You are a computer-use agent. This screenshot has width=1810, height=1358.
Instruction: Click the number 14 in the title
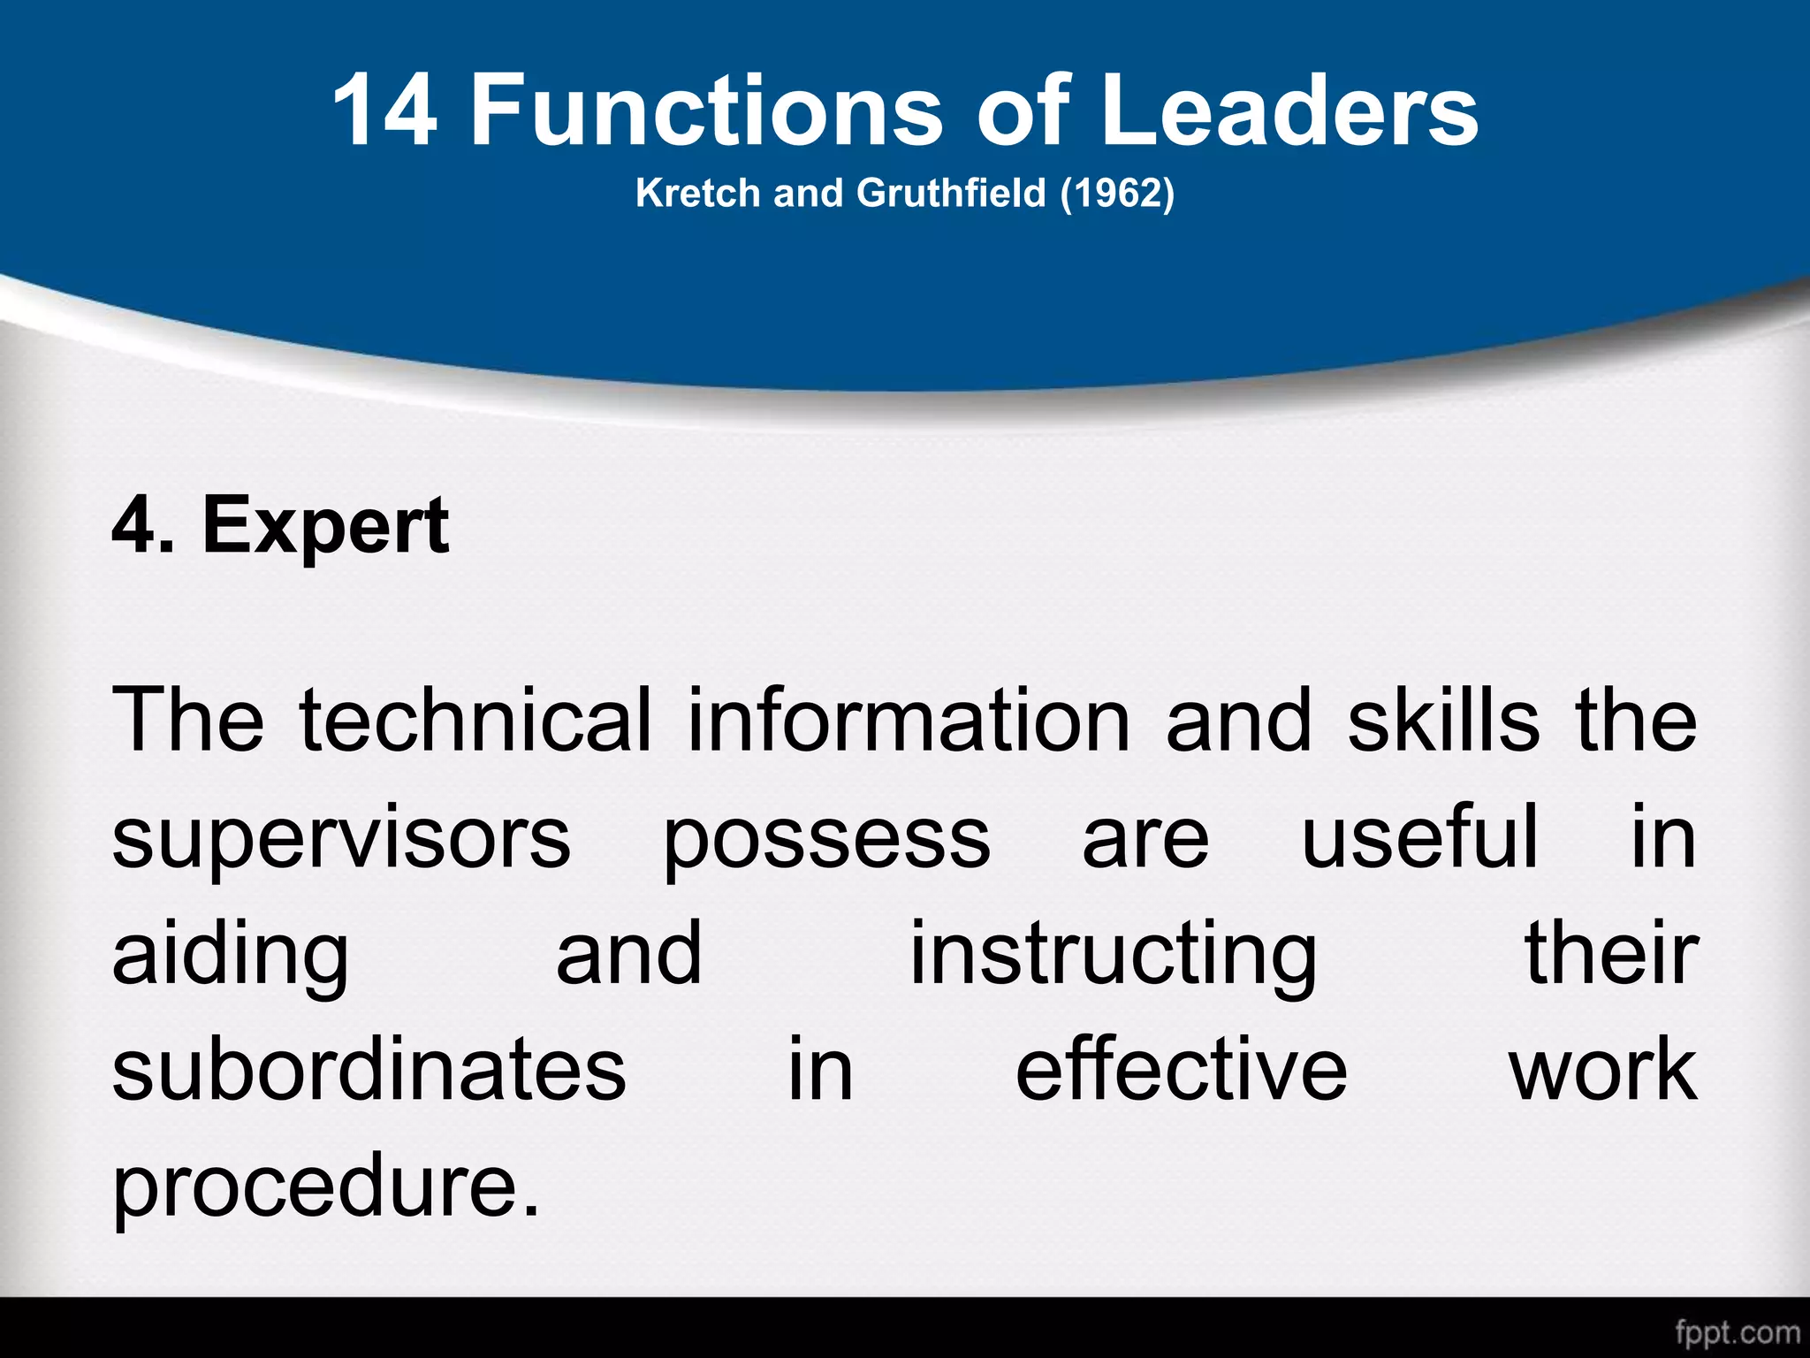point(385,111)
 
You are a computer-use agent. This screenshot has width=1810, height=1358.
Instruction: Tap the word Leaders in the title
point(1290,111)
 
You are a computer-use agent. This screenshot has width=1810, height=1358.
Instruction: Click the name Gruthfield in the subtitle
point(951,193)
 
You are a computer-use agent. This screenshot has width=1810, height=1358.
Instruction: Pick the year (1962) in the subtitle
point(1117,193)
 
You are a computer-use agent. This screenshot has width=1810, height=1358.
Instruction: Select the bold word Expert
point(326,526)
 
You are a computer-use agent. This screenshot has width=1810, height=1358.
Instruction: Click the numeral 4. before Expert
point(141,526)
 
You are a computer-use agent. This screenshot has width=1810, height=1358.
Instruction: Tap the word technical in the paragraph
point(475,721)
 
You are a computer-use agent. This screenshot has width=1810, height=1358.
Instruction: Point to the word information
point(909,721)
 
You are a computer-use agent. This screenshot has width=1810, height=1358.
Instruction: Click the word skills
point(1443,721)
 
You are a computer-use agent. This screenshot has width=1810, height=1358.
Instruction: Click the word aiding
point(231,955)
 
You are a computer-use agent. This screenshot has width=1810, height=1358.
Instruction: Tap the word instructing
point(1114,955)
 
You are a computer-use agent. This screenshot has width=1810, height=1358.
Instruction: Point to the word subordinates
point(369,1070)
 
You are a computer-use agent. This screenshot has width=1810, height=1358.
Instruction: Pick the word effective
point(1182,1070)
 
